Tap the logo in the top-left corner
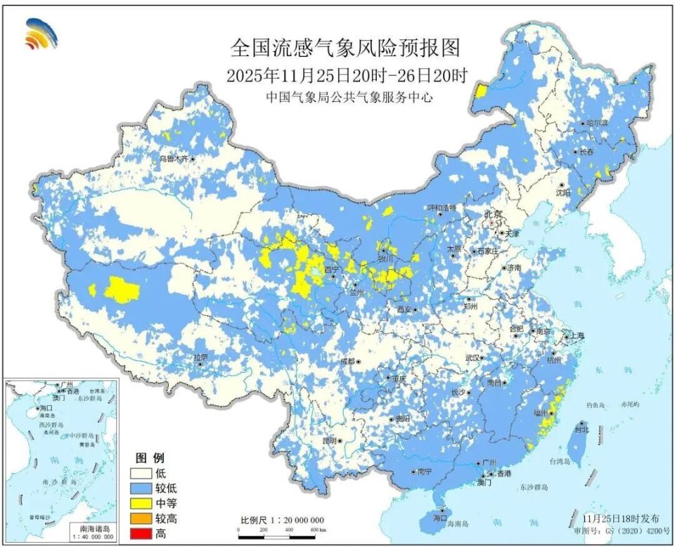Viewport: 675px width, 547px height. click(41, 34)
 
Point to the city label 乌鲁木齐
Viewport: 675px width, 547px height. click(173, 159)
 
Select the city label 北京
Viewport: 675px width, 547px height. click(493, 214)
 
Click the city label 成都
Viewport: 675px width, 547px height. click(347, 361)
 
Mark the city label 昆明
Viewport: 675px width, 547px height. click(329, 441)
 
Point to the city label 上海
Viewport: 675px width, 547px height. click(577, 336)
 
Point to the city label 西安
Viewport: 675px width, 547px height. click(404, 309)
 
